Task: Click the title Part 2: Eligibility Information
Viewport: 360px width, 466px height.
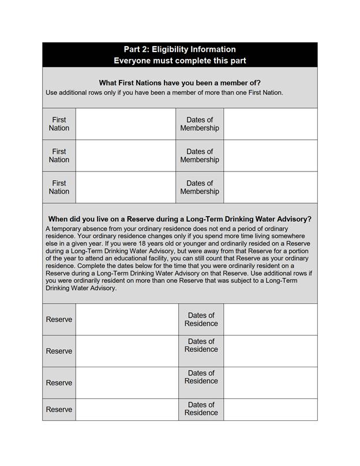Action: (x=179, y=50)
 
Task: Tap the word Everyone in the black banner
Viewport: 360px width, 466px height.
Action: (x=133, y=61)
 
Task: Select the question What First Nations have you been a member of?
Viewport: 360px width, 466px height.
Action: (x=179, y=83)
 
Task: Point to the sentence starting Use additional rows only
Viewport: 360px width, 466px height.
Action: (x=164, y=92)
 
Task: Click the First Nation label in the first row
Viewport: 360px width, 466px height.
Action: (x=59, y=124)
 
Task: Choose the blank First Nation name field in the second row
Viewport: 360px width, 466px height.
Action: (x=125, y=156)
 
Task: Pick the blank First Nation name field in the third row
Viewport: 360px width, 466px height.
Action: (x=125, y=188)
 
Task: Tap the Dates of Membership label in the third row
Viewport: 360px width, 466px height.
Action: (x=200, y=188)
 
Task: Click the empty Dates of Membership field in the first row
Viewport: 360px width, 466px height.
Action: (x=270, y=124)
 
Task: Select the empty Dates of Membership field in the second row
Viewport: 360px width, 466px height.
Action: (x=270, y=156)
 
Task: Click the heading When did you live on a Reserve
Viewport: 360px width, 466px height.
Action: (x=179, y=219)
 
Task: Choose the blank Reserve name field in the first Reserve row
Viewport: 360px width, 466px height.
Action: (x=126, y=319)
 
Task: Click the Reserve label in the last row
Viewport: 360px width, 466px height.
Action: (x=59, y=409)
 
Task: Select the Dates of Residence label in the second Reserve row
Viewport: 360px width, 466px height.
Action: (x=201, y=345)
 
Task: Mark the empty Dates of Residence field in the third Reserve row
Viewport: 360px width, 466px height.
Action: (x=270, y=382)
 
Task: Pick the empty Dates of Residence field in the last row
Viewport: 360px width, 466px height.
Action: (x=270, y=409)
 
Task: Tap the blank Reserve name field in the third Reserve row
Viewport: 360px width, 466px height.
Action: (x=126, y=382)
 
